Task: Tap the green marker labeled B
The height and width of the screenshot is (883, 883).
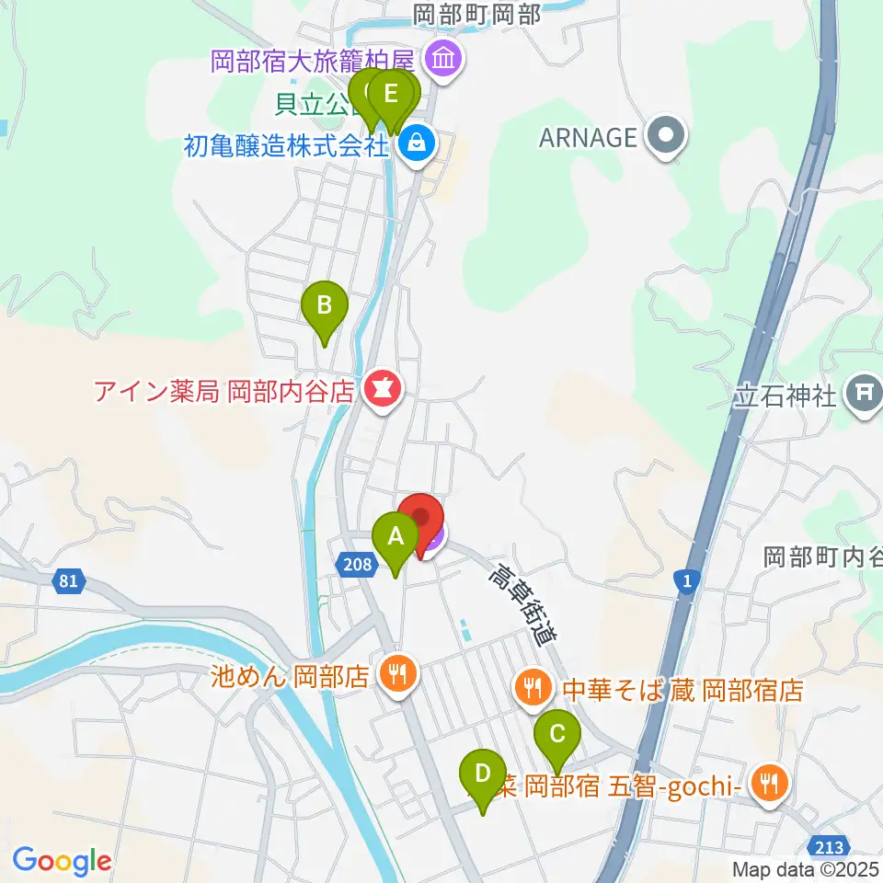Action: pos(324,305)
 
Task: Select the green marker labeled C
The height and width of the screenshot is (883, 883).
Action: pos(557,735)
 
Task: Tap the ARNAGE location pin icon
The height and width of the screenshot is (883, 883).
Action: pos(666,137)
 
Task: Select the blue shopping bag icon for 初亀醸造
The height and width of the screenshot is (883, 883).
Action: pos(417,143)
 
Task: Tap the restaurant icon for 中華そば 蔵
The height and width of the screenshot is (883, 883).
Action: pos(533,688)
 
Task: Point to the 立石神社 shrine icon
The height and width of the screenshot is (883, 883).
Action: pos(864,396)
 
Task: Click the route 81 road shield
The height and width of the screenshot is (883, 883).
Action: pos(66,581)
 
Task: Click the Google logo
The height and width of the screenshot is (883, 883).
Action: pos(62,861)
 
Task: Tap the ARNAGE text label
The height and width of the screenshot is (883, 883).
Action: pos(589,137)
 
